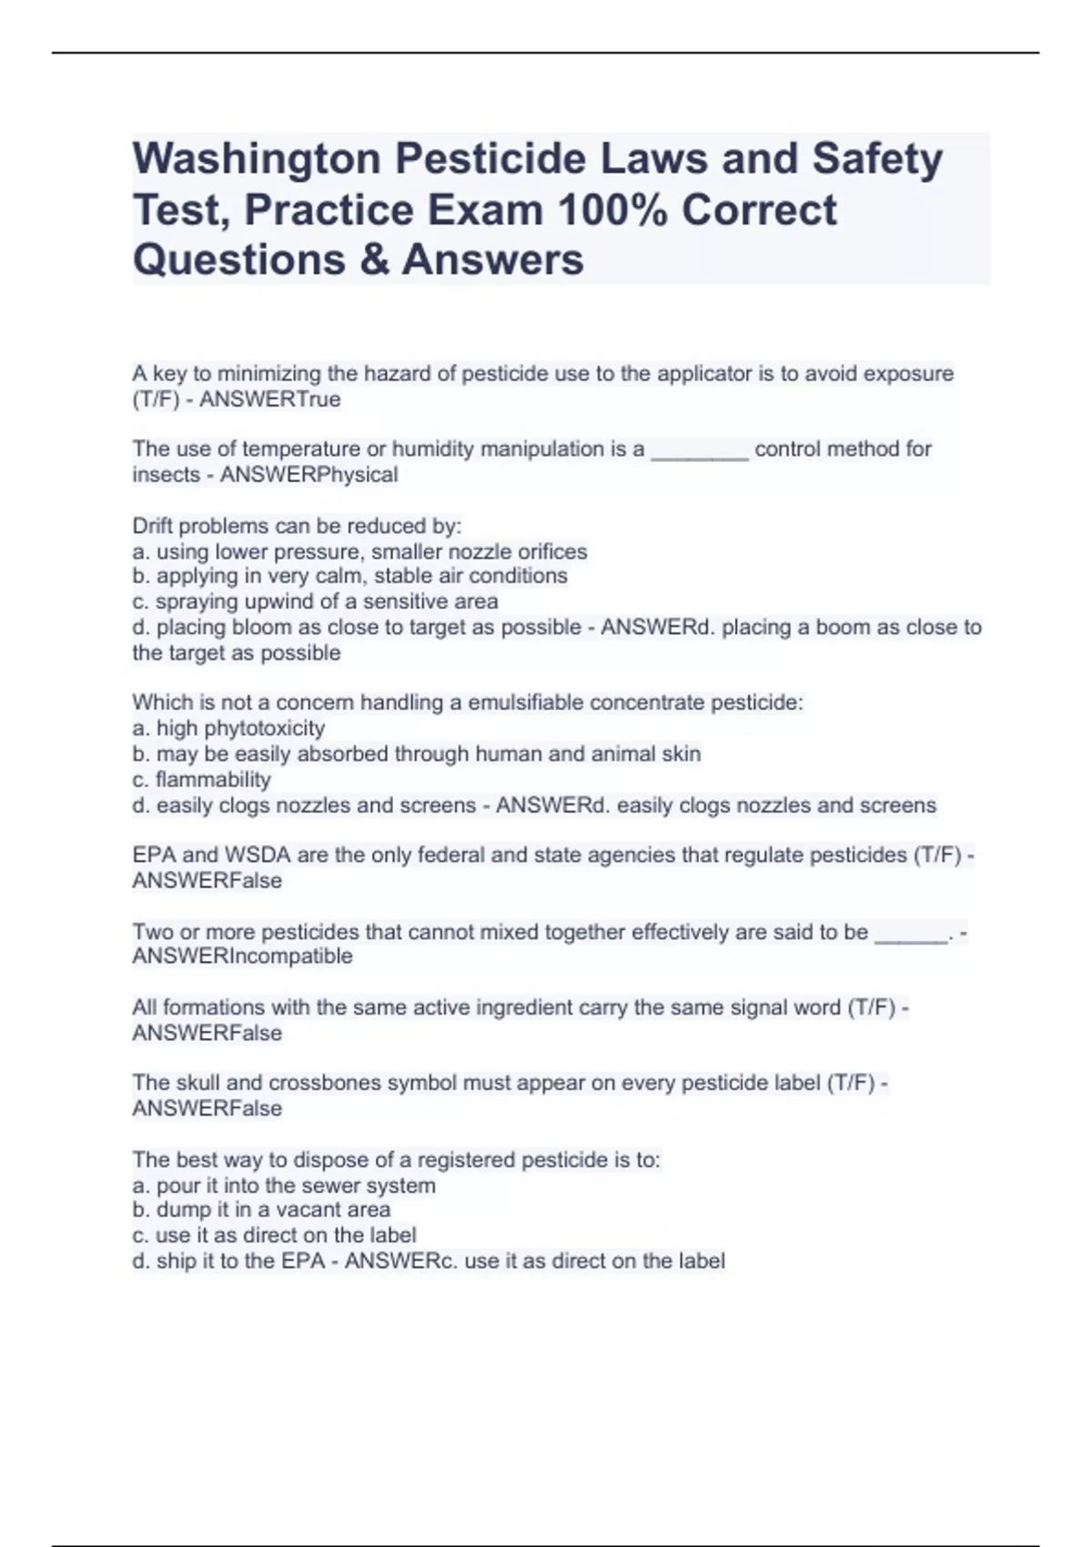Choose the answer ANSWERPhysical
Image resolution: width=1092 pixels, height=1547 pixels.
(x=308, y=475)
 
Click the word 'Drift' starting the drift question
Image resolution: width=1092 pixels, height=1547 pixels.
(x=152, y=526)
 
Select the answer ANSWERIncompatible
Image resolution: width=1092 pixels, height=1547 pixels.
(x=242, y=956)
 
